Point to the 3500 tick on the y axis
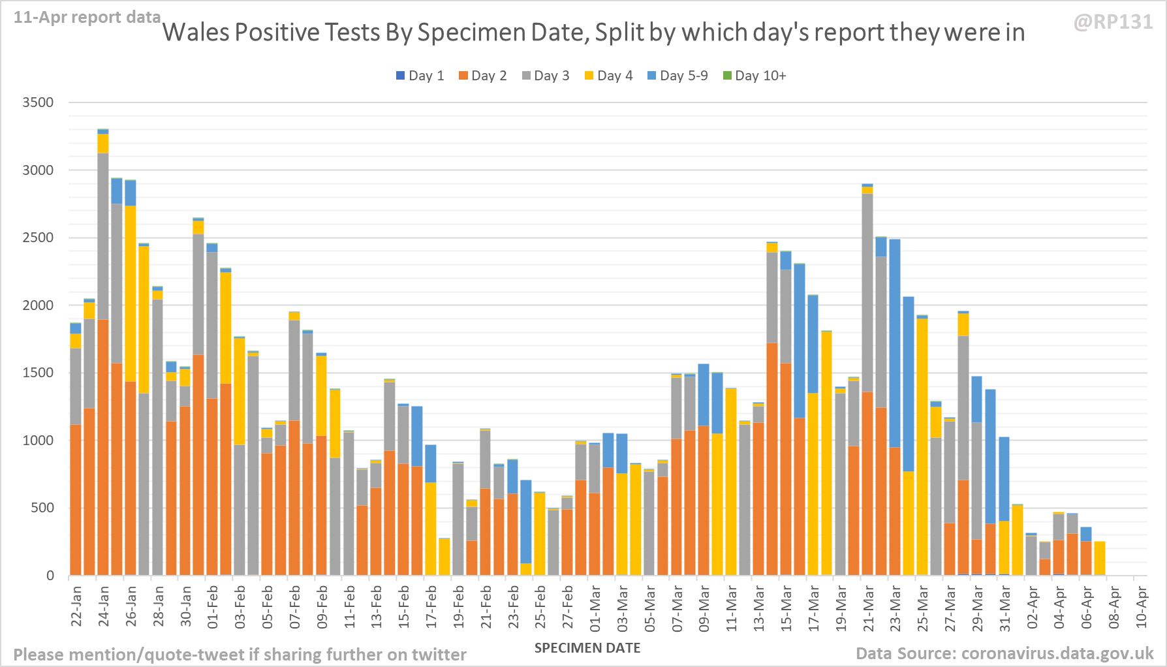pos(38,102)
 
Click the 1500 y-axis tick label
pos(38,373)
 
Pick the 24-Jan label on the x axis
pos(104,606)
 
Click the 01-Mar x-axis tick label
pos(595,606)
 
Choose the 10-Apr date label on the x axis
pos(1142,606)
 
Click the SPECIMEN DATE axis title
pos(587,648)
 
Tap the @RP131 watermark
pos(1113,22)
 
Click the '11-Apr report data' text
pos(87,18)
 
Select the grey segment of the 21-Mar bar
pos(867,294)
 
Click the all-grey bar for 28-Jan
pos(158,437)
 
